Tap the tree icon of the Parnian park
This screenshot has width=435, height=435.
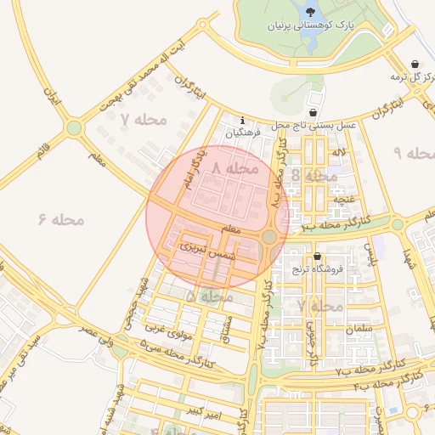coord(308,11)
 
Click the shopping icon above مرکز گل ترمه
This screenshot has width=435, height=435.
coord(415,65)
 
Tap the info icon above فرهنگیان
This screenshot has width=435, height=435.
coord(244,121)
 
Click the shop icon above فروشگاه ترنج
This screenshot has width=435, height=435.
coord(318,257)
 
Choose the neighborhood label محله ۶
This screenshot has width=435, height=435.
coord(62,219)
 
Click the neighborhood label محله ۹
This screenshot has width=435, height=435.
coord(415,153)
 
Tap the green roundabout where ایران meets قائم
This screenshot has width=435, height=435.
coord(74,128)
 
